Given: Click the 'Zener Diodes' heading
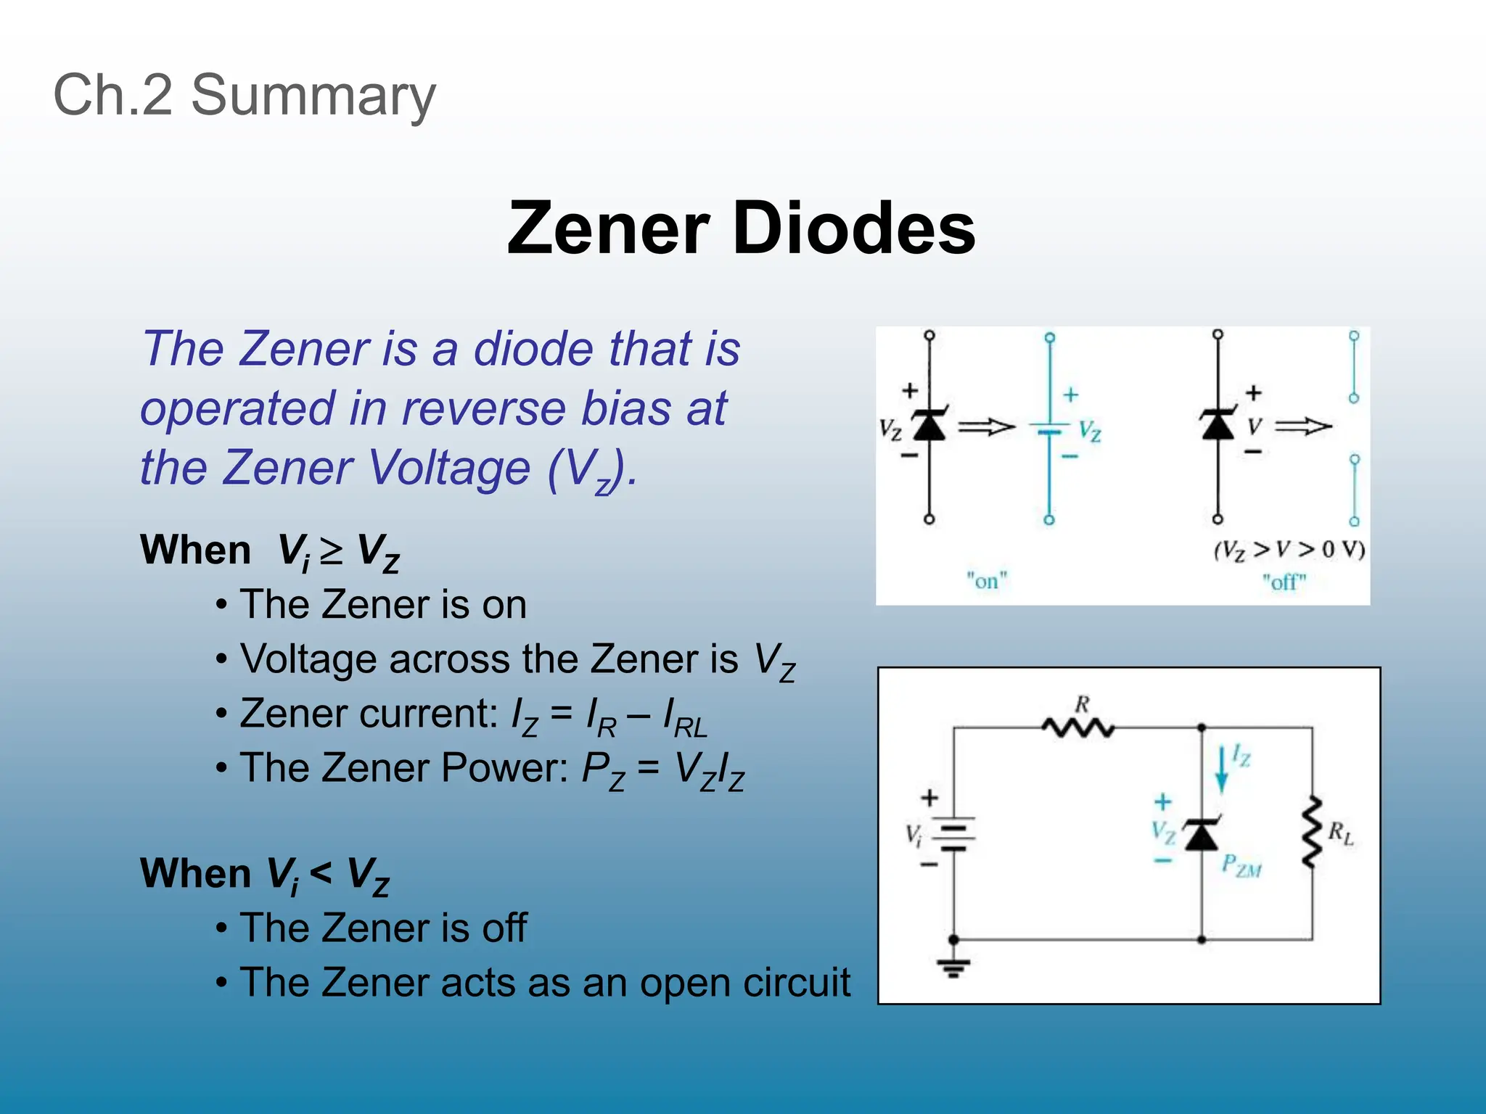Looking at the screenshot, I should point(741,228).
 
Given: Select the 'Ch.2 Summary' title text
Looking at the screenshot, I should point(245,95).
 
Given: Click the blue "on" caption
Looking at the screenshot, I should point(987,581).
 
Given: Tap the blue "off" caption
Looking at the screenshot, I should point(1284,582).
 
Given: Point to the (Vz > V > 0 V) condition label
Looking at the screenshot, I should point(1289,550).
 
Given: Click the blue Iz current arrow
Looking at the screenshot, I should point(1222,770).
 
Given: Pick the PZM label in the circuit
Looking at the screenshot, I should point(1241,865).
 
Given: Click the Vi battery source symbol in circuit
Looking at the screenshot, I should point(953,834).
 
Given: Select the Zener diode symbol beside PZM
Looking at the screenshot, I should point(1202,834).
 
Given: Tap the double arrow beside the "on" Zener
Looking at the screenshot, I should point(986,427).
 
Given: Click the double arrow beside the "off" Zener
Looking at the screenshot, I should point(1303,427).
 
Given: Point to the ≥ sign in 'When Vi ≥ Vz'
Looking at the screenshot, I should point(332,552).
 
